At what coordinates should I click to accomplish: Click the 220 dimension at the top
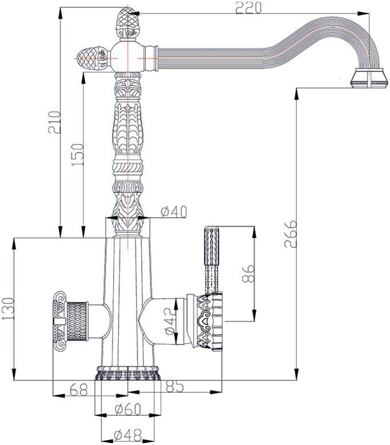tap(248, 7)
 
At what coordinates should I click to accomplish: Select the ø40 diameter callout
tap(174, 211)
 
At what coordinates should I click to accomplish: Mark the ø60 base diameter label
tap(127, 409)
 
